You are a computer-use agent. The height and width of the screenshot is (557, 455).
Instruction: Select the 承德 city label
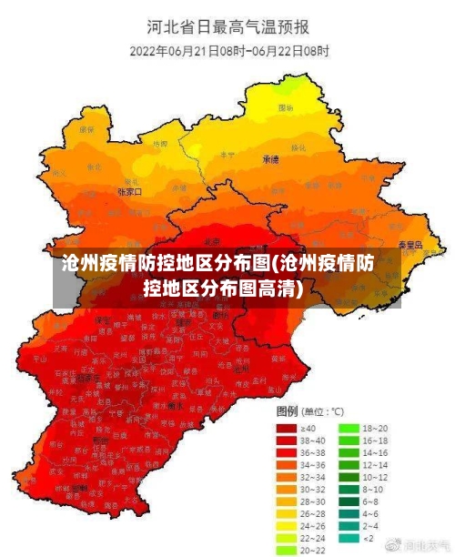point(270,159)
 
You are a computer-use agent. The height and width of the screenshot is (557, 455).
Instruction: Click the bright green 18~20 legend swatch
point(349,427)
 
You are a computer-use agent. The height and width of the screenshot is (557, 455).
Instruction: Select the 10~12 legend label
point(376,476)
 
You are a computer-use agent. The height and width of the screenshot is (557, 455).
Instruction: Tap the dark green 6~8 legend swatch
point(349,501)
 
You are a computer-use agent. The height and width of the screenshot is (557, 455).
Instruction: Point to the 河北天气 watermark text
point(426,545)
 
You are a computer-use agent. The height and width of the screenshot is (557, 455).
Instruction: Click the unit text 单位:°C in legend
point(323,410)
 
